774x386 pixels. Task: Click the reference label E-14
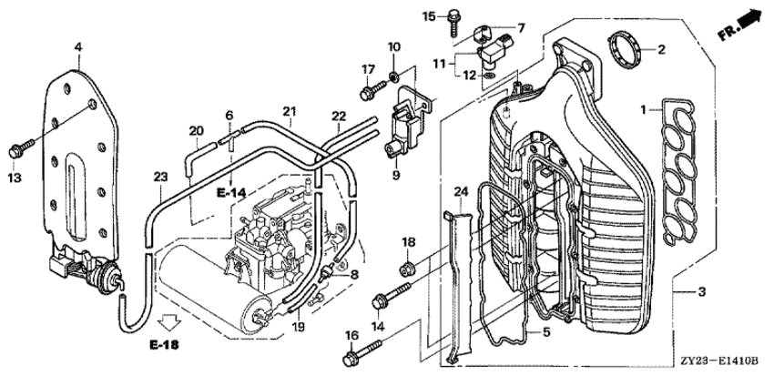click(x=232, y=193)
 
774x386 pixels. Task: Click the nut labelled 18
click(x=408, y=268)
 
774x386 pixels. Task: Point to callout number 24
click(x=459, y=191)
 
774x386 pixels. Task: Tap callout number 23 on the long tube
click(x=159, y=177)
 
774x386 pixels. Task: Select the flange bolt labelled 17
click(x=372, y=92)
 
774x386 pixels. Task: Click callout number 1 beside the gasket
click(x=643, y=110)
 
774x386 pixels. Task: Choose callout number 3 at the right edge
click(x=700, y=292)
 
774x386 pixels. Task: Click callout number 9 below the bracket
click(x=396, y=173)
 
